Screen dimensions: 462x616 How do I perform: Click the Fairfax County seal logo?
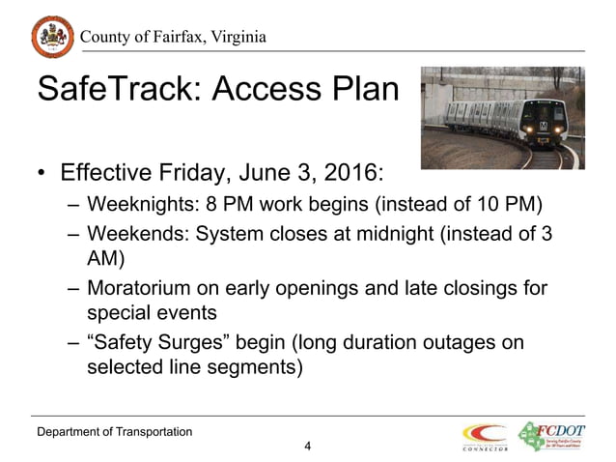50,38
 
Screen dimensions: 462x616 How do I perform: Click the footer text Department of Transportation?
114,429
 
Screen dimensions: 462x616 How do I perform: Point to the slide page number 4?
307,446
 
